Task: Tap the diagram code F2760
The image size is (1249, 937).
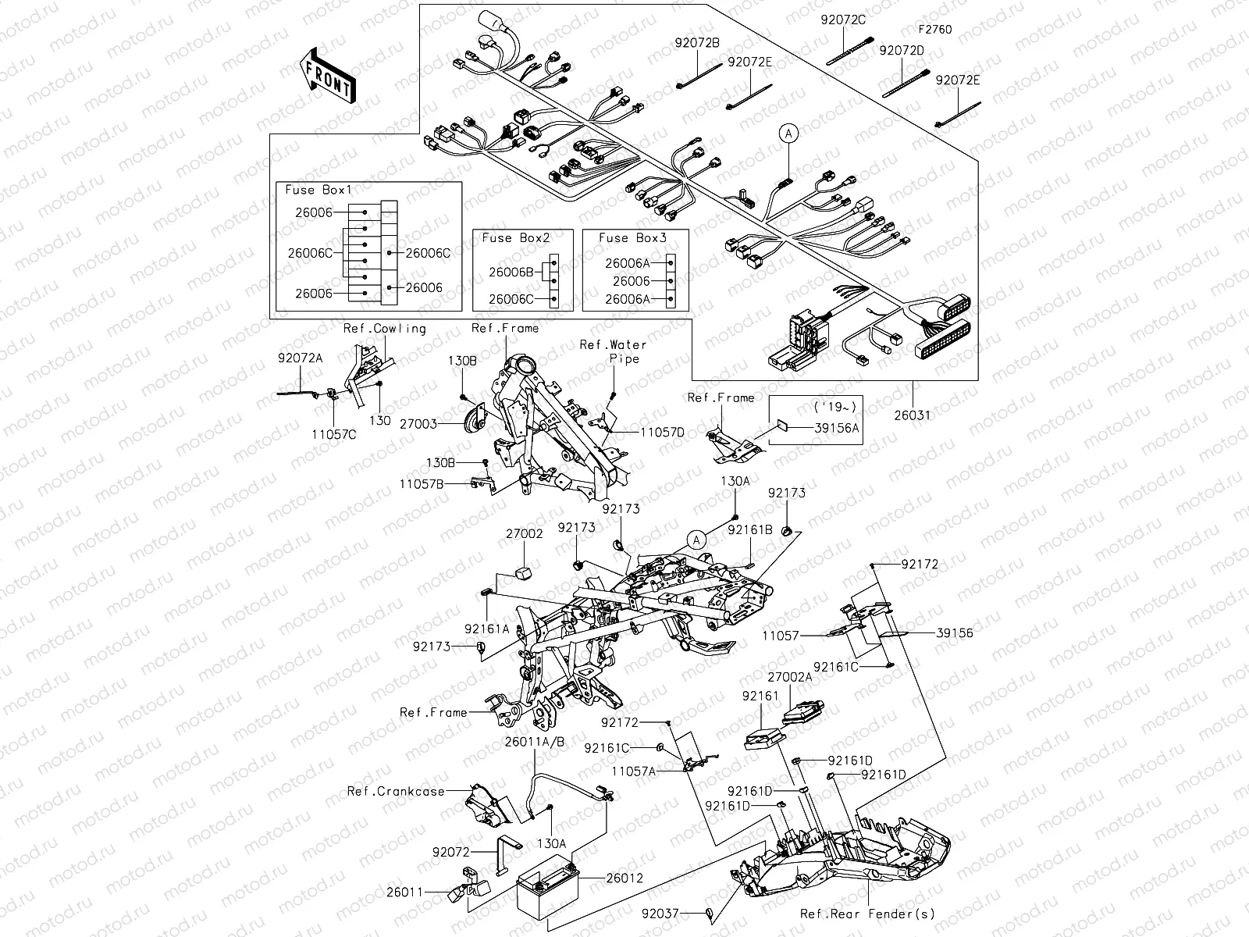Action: coord(934,30)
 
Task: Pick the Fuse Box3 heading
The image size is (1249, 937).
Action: coord(632,238)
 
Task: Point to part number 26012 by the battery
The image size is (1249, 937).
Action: coord(624,878)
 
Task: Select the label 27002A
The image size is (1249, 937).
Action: coord(789,678)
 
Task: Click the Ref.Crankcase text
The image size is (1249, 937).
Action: coord(396,791)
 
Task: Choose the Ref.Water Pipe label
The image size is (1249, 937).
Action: coord(614,351)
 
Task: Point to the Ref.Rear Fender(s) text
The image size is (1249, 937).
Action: coord(866,914)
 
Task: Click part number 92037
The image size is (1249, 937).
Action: coord(661,913)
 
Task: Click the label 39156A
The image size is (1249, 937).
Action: coord(836,427)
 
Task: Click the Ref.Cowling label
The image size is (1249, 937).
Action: coord(385,328)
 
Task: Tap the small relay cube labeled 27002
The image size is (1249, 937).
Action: coord(521,575)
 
